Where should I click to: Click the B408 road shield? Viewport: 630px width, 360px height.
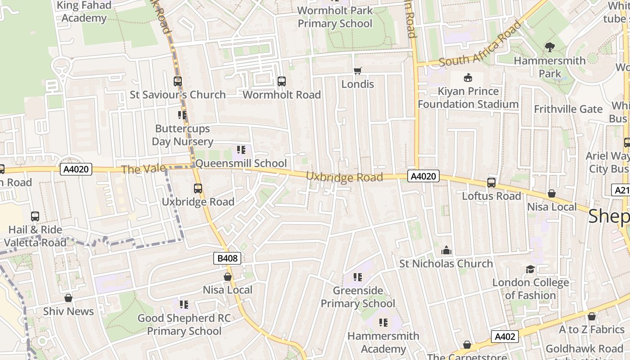[x=227, y=258]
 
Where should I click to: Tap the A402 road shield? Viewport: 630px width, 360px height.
[x=504, y=336]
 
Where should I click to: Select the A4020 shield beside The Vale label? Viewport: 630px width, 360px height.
[x=76, y=169]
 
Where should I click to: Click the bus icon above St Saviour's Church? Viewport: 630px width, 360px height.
[x=178, y=81]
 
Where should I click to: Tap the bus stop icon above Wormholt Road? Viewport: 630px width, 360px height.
[x=282, y=81]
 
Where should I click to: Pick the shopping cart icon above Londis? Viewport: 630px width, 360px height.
[x=358, y=71]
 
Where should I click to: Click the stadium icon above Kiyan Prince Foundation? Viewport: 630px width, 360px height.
[x=468, y=77]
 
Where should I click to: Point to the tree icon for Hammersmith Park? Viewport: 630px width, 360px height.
[x=549, y=47]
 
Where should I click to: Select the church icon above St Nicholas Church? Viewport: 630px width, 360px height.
[x=446, y=250]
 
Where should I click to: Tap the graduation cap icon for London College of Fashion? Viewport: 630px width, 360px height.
[x=531, y=269]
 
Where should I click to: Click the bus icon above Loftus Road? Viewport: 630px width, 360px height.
[x=491, y=183]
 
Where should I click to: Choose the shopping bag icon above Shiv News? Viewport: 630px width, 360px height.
[x=68, y=298]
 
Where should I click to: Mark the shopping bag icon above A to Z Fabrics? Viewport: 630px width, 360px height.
[x=592, y=316]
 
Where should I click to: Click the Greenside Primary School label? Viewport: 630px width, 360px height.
[x=358, y=297]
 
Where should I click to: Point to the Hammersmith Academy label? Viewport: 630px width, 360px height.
[x=383, y=342]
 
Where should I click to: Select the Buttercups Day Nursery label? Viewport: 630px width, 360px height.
[x=182, y=135]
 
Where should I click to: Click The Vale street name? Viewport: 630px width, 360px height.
[x=137, y=169]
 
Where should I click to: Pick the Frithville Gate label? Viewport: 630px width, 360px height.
[x=568, y=109]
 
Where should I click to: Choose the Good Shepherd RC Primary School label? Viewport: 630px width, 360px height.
[x=184, y=324]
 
